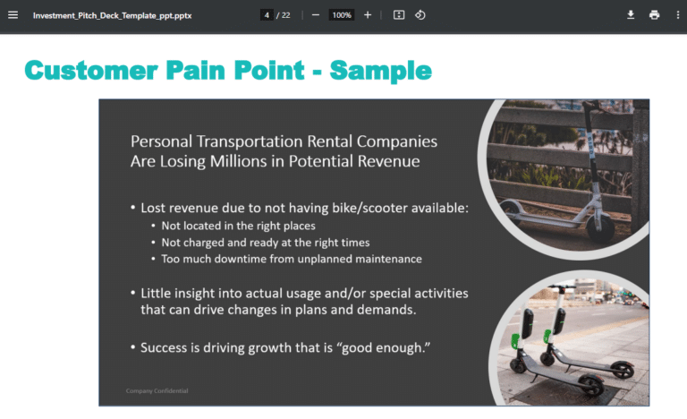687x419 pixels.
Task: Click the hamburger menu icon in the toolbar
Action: pos(13,15)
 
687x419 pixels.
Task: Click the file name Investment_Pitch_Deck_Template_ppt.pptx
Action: pos(112,15)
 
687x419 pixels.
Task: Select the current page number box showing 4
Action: pos(267,15)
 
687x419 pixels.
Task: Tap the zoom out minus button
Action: pos(316,15)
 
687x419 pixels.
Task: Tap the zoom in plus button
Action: pos(368,15)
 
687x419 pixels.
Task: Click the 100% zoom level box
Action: pos(341,15)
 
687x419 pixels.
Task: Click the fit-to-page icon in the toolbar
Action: pos(399,15)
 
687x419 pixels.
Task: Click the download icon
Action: pos(631,15)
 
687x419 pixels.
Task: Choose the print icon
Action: pos(654,15)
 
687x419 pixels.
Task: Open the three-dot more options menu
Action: pos(677,15)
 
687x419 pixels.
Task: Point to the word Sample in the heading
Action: pos(380,71)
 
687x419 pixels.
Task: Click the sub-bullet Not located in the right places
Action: pos(238,226)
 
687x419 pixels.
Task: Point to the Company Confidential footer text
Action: pos(157,391)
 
